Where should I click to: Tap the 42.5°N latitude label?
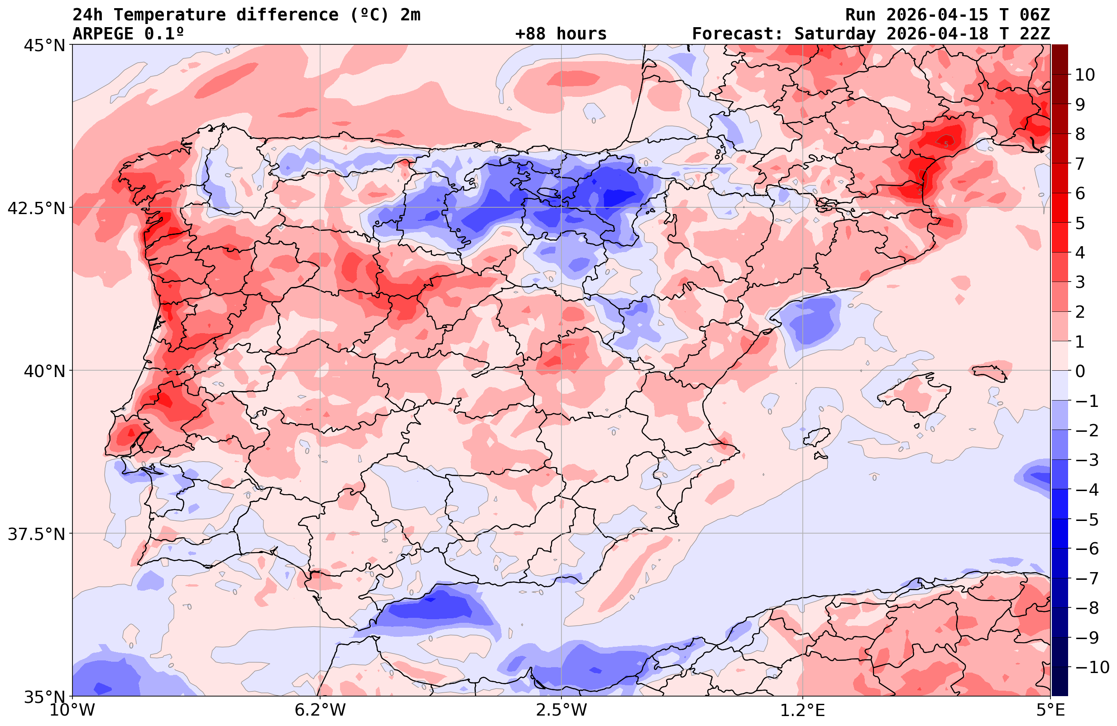point(36,208)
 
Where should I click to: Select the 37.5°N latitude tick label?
point(36,534)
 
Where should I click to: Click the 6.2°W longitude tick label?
point(320,710)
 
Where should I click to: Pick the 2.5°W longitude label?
point(561,710)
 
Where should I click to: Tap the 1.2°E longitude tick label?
point(803,710)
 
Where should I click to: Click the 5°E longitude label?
point(1050,710)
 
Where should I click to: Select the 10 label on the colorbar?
point(1084,75)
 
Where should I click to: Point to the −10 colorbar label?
point(1091,667)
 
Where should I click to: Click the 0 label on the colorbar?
point(1080,371)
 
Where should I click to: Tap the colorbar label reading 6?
point(1080,193)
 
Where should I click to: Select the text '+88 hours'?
point(561,34)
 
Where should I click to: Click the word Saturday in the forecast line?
point(835,34)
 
